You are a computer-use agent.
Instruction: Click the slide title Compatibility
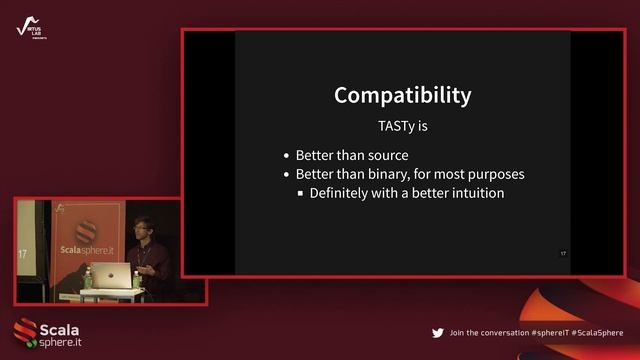pos(402,96)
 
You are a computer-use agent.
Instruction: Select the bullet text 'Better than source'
pos(352,155)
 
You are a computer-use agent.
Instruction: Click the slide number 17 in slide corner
pos(563,254)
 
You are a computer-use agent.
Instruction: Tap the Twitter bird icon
pos(437,332)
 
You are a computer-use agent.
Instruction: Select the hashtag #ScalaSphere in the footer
pos(596,332)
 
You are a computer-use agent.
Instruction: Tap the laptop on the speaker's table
pos(119,275)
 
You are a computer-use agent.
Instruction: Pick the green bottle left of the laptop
pos(88,277)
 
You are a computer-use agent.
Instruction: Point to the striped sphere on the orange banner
pos(86,226)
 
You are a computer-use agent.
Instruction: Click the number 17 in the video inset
pos(22,255)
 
